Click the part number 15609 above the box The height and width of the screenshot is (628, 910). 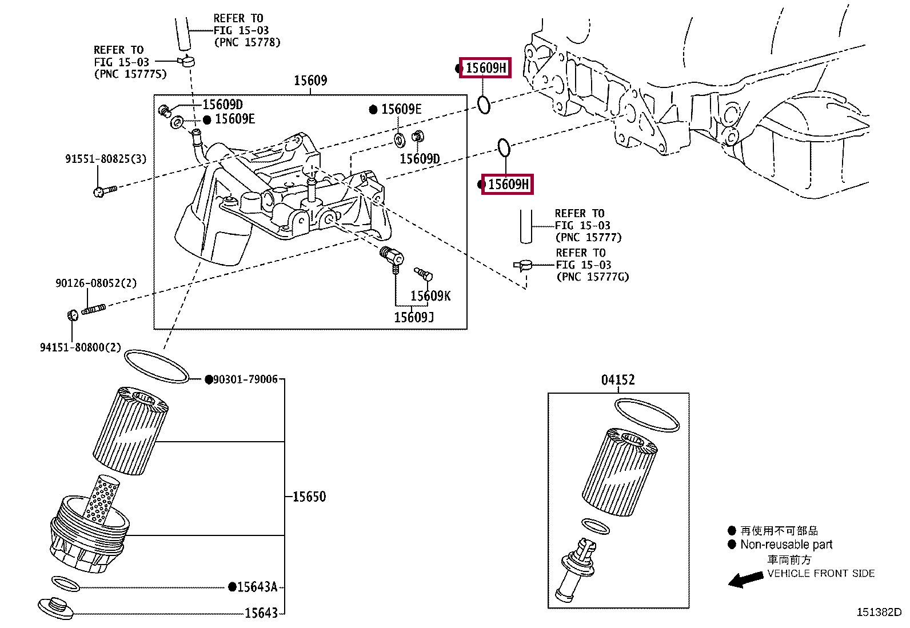pyautogui.click(x=310, y=81)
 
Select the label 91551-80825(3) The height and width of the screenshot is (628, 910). pyautogui.click(x=106, y=159)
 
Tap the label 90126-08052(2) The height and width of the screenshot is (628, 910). pyautogui.click(x=96, y=283)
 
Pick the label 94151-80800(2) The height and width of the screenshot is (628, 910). pyautogui.click(x=81, y=347)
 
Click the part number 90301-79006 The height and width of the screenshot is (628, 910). pyautogui.click(x=245, y=379)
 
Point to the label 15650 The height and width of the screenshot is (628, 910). pyautogui.click(x=309, y=497)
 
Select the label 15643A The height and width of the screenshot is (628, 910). pyautogui.click(x=257, y=587)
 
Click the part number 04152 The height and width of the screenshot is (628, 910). pyautogui.click(x=617, y=380)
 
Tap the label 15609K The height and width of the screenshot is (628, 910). pyautogui.click(x=430, y=296)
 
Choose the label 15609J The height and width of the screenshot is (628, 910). pyautogui.click(x=414, y=317)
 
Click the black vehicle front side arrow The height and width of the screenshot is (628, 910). pyautogui.click(x=745, y=579)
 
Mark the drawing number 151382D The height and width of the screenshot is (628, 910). pyautogui.click(x=879, y=612)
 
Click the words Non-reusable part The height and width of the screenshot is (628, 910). pyautogui.click(x=786, y=545)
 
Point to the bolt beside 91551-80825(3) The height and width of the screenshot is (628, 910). pyautogui.click(x=104, y=190)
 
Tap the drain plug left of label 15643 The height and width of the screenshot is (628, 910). pyautogui.click(x=55, y=607)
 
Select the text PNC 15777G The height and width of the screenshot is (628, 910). pyautogui.click(x=593, y=277)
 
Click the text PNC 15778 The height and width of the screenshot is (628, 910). pyautogui.click(x=247, y=42)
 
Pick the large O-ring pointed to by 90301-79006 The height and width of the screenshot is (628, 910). pyautogui.click(x=156, y=366)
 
